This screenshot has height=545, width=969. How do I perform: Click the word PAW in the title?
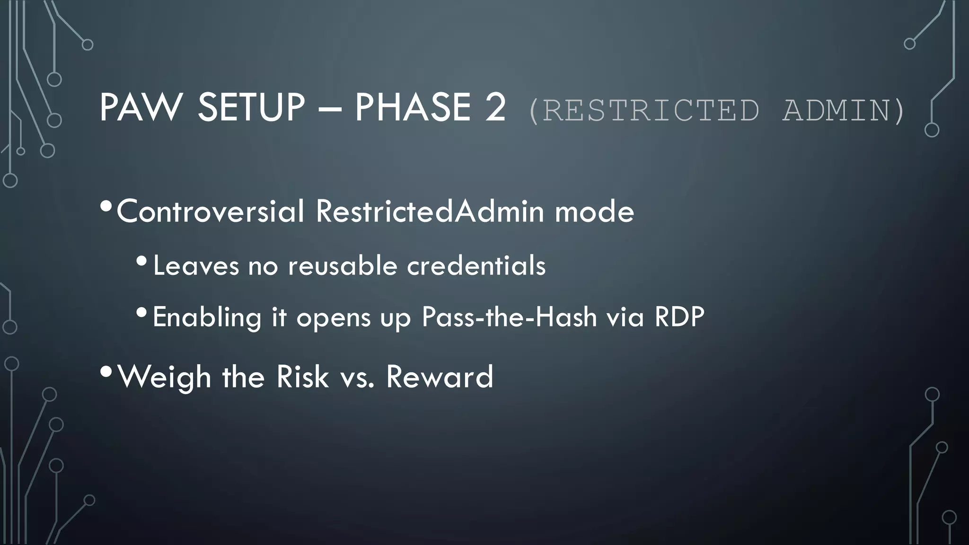(140, 107)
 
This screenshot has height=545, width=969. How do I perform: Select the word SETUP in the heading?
(251, 107)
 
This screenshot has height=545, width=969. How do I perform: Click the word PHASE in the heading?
(413, 107)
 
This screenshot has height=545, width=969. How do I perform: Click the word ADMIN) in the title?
(843, 111)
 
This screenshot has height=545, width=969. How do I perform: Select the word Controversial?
(211, 211)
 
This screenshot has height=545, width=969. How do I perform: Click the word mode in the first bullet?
(594, 211)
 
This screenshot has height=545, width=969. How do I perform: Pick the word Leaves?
(196, 265)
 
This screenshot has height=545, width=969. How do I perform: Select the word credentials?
(476, 265)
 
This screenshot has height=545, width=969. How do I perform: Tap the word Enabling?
(207, 317)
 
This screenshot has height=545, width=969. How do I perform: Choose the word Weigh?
(164, 378)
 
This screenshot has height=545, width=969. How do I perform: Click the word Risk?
(302, 377)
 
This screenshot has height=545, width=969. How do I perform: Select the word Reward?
(440, 377)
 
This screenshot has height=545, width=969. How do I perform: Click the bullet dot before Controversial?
(106, 206)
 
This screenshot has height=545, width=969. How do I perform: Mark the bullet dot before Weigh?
(106, 372)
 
